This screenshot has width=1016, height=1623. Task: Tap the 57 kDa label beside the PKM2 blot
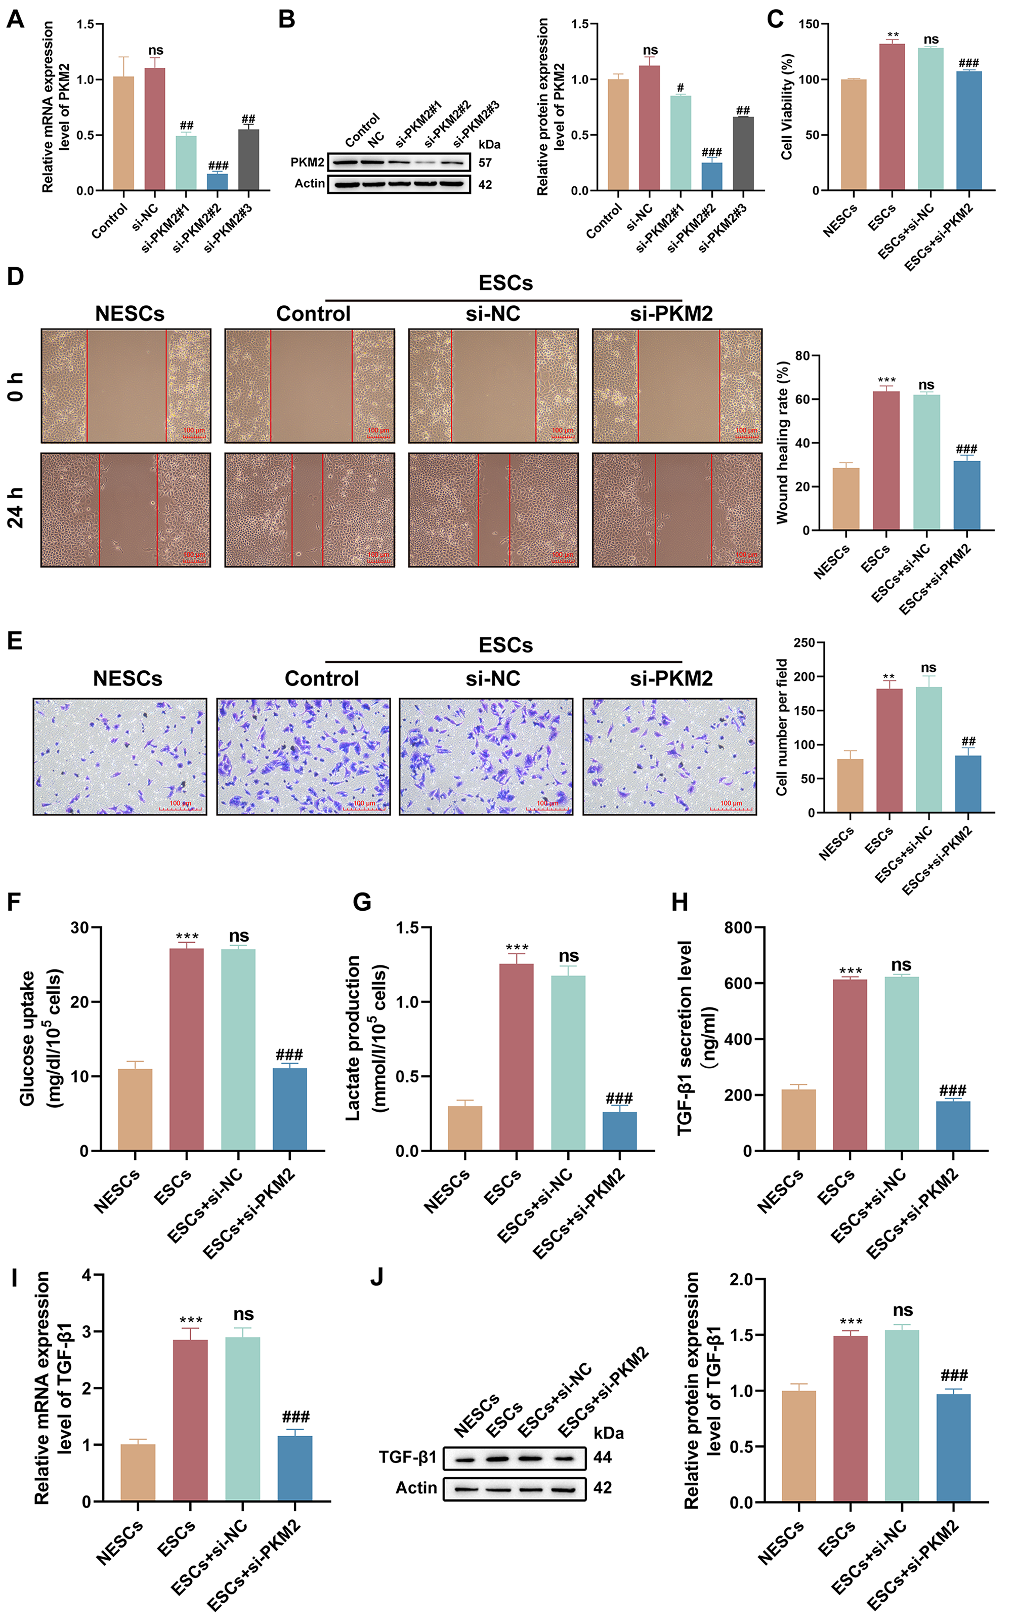[485, 163]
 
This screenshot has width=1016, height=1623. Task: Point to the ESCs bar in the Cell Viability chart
[892, 117]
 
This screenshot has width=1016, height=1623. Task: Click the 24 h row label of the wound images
[16, 508]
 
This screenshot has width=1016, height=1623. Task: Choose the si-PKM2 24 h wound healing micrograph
[676, 510]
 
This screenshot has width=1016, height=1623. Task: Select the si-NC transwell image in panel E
[486, 756]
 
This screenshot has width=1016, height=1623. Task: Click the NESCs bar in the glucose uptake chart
[135, 1110]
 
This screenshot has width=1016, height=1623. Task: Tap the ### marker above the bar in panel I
[295, 1416]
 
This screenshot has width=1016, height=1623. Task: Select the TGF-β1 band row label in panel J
[407, 1457]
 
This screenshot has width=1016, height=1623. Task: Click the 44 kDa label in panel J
[603, 1457]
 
